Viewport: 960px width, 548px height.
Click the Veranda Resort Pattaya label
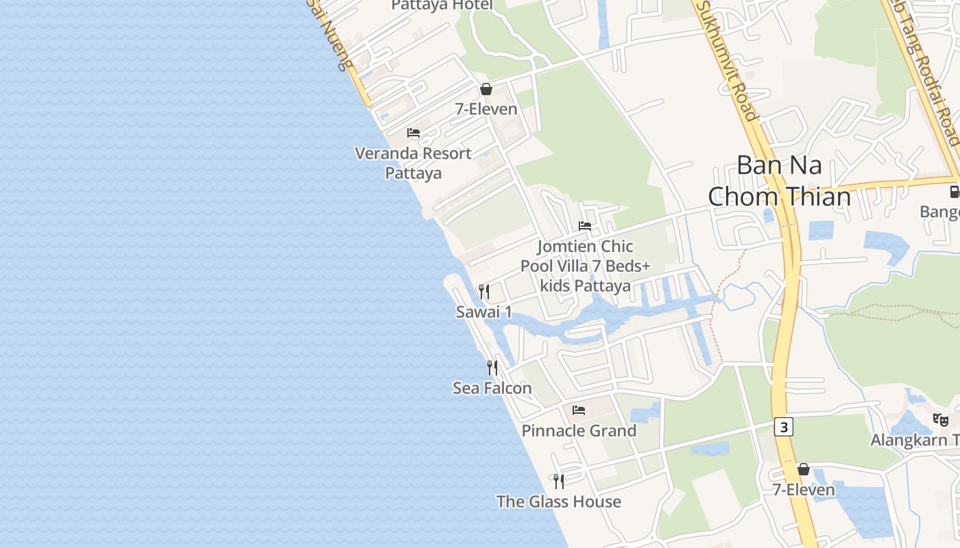[413, 163]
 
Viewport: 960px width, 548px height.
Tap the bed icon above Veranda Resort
[413, 132]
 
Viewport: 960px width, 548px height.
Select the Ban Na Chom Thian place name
[779, 181]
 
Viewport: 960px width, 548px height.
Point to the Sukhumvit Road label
[728, 62]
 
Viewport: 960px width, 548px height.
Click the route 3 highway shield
[784, 427]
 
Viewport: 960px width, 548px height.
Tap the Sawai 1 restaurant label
[484, 312]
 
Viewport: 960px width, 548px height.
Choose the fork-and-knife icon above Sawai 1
[484, 292]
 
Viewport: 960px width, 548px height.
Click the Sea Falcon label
[492, 388]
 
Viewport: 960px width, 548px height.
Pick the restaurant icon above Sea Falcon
[492, 368]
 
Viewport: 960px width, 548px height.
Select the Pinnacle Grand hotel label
[579, 431]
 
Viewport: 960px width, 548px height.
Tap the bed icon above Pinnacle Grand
[579, 410]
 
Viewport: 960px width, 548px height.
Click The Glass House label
[559, 501]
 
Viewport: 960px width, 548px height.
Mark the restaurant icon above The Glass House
[559, 481]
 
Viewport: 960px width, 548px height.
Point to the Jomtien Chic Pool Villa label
[585, 266]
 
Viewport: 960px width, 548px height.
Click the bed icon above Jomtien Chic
[585, 225]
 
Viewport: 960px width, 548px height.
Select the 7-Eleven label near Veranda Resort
[486, 109]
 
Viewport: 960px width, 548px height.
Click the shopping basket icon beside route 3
[804, 469]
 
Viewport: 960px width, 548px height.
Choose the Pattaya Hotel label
[442, 5]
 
